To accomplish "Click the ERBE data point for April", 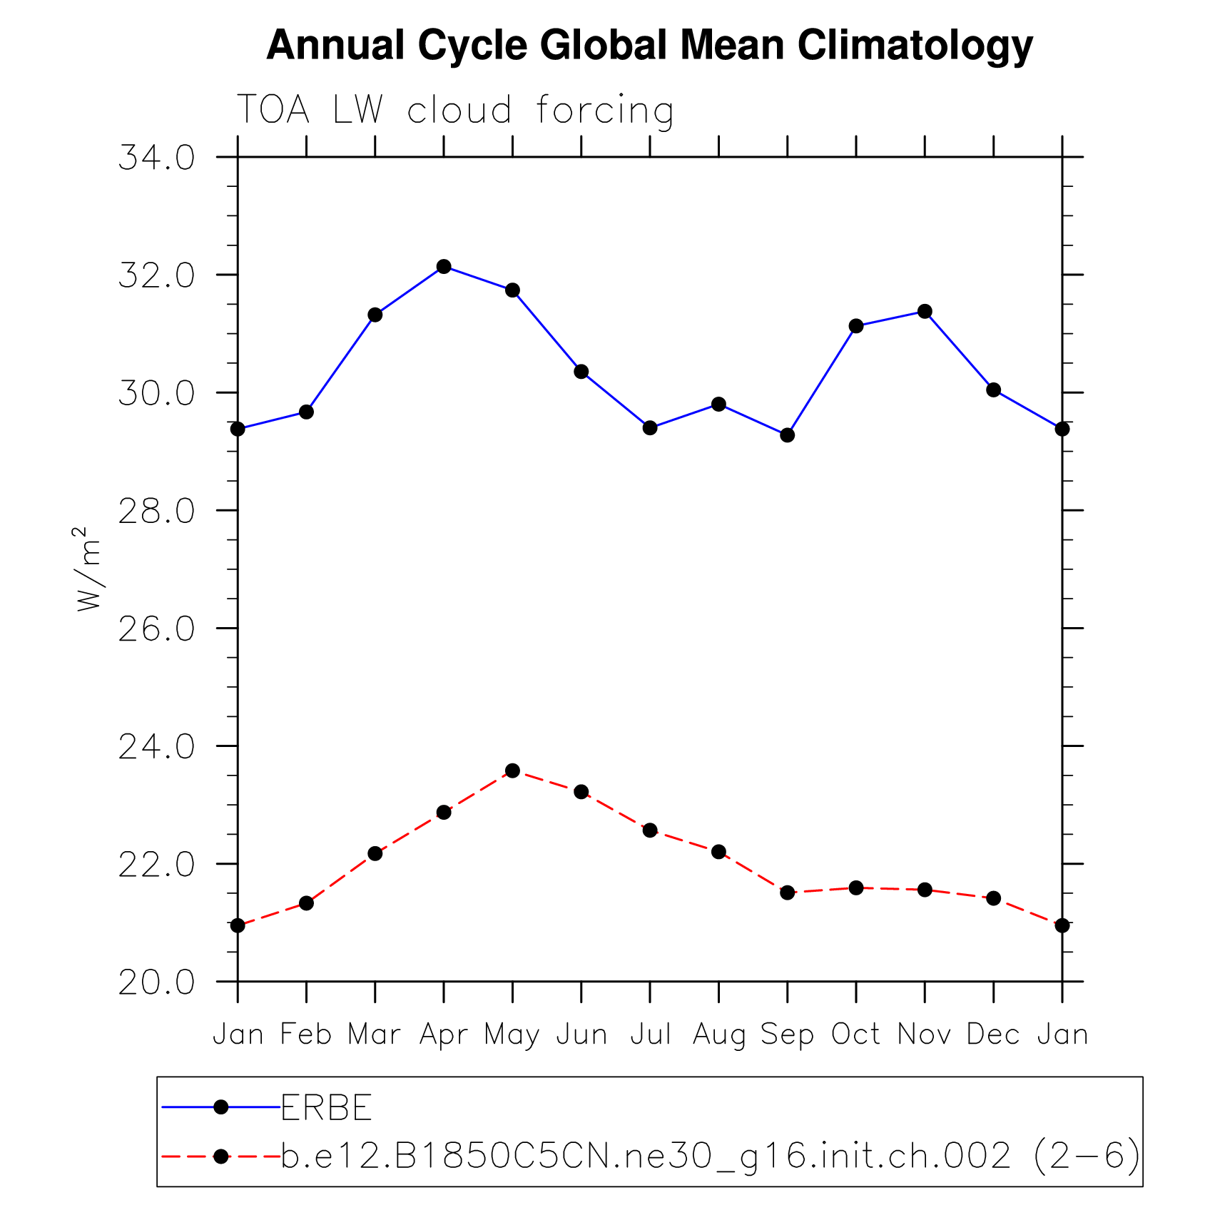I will click(x=444, y=266).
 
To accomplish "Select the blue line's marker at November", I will click(x=925, y=311).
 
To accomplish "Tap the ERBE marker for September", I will click(x=787, y=435).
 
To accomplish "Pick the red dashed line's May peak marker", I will click(x=512, y=771).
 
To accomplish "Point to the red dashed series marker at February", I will click(x=306, y=903).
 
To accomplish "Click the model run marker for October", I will click(x=856, y=888).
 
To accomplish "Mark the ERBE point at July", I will click(x=650, y=428).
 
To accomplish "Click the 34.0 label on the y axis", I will click(x=156, y=158).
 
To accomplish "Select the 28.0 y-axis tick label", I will click(x=156, y=512).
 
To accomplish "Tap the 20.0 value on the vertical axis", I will click(x=156, y=982).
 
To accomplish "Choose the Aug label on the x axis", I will click(x=718, y=1035).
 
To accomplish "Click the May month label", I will click(x=512, y=1035).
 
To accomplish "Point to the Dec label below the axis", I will click(x=993, y=1034).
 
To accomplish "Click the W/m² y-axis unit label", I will click(x=88, y=569).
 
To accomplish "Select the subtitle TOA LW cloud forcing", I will click(x=454, y=111).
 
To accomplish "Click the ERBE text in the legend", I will click(x=326, y=1107).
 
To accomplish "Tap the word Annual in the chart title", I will click(x=335, y=45).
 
